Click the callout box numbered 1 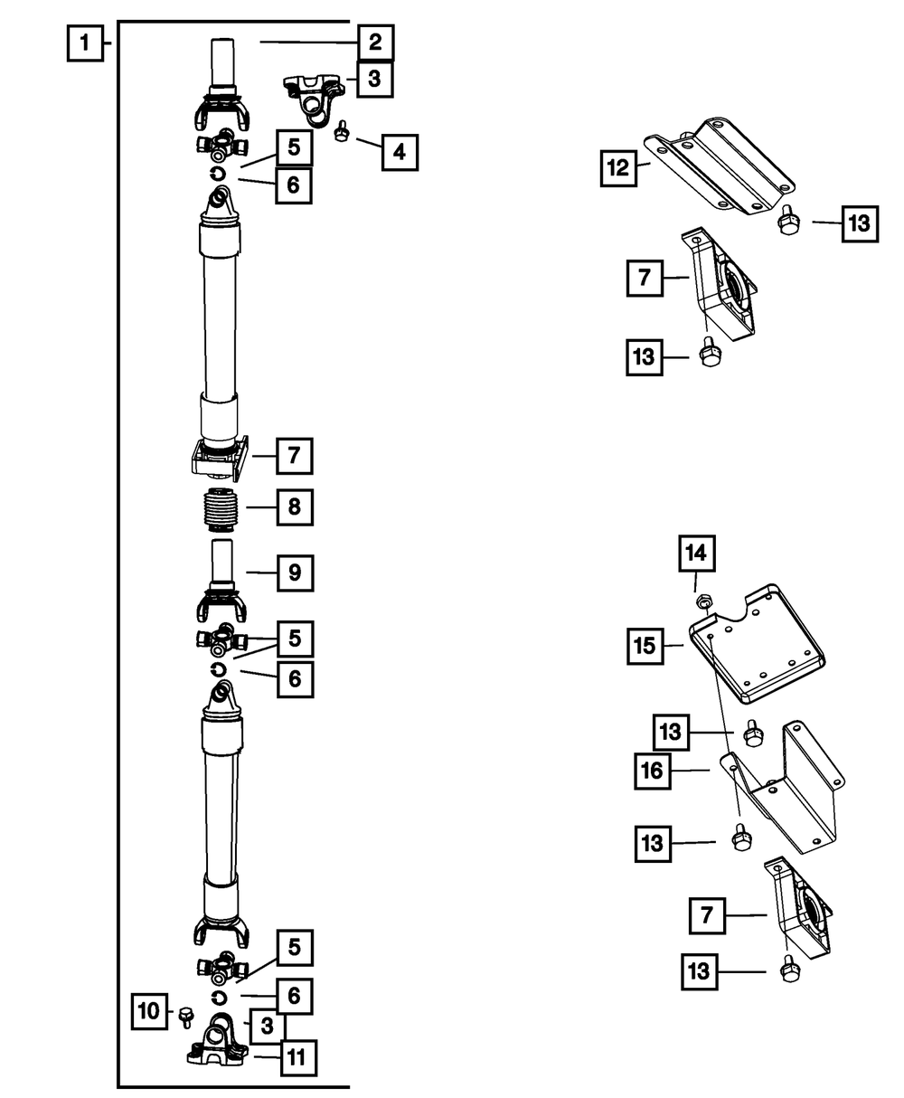[x=85, y=43]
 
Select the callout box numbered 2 [x=375, y=43]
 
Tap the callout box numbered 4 [x=400, y=153]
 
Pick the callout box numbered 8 [x=295, y=507]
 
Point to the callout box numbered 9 [x=296, y=573]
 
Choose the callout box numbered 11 [x=298, y=1057]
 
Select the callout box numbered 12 [x=618, y=168]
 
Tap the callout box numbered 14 [x=697, y=554]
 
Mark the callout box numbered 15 [x=645, y=647]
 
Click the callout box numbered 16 [x=653, y=771]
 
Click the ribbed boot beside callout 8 [x=221, y=511]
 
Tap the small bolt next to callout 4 [x=342, y=131]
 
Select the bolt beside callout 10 [x=186, y=1017]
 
